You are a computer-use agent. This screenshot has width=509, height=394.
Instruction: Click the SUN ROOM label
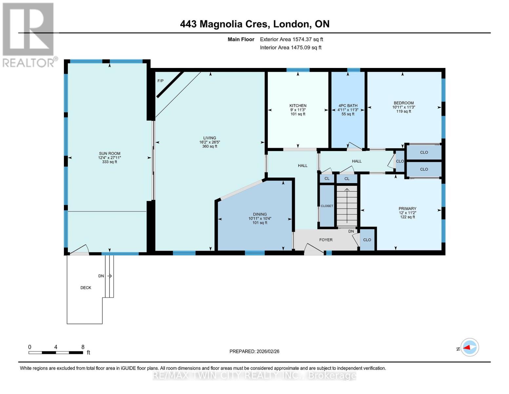109,153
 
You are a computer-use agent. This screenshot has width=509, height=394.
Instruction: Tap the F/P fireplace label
161,81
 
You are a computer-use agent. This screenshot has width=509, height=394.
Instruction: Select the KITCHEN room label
298,106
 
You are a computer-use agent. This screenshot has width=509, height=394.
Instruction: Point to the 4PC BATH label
348,106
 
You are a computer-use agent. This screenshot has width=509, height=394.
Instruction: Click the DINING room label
260,214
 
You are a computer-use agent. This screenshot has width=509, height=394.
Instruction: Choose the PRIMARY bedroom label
407,208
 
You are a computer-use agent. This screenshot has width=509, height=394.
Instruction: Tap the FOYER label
326,240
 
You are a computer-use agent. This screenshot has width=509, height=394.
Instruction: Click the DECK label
86,288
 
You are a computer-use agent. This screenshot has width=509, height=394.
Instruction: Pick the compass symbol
469,347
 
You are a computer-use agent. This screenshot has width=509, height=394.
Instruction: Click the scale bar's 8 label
83,347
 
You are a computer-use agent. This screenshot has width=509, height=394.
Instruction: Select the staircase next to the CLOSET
347,206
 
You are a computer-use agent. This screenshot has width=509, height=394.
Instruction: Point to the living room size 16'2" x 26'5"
210,142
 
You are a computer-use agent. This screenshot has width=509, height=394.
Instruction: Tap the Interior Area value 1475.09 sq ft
306,48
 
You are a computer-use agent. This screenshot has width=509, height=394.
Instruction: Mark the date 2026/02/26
268,352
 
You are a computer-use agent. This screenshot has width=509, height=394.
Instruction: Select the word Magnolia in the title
221,24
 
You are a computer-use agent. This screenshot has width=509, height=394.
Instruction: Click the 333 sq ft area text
109,162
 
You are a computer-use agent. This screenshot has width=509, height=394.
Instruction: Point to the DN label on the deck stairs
101,276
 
